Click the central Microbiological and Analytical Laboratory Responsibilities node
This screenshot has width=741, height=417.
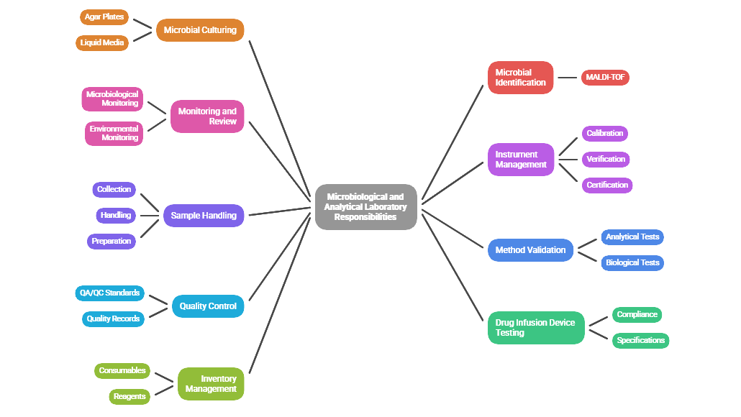tap(365, 207)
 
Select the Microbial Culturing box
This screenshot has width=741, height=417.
tap(200, 30)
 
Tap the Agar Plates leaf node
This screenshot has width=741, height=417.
tap(104, 17)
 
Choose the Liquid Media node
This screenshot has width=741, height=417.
tap(102, 42)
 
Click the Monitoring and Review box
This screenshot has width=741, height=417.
tap(207, 116)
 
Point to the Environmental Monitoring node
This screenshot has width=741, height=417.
tap(114, 133)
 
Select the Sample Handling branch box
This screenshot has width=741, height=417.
tap(204, 215)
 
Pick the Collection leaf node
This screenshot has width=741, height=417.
tap(114, 189)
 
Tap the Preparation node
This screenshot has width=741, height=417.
tap(112, 241)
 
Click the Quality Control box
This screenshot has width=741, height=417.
tap(208, 306)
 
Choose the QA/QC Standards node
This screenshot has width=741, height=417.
tap(109, 293)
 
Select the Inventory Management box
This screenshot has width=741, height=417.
tap(211, 384)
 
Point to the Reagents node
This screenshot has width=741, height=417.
tap(129, 396)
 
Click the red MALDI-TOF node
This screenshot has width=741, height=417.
tap(605, 77)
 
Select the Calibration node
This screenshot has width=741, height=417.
tap(604, 133)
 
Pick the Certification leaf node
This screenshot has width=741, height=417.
tap(607, 185)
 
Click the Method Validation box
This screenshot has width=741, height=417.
tap(530, 250)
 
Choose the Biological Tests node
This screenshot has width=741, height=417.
tap(632, 262)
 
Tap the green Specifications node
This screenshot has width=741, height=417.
tap(640, 340)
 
